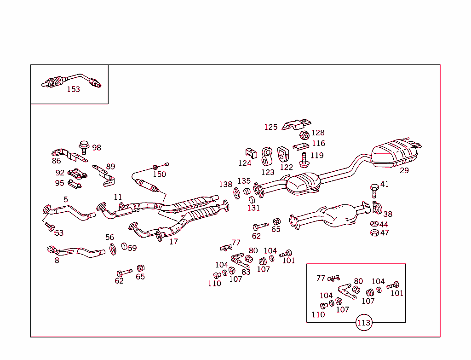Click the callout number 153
click(x=73, y=89)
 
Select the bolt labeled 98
click(x=84, y=147)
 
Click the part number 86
click(x=56, y=161)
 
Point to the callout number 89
click(x=110, y=167)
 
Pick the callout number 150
click(x=159, y=174)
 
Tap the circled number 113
click(x=363, y=323)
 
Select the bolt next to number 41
click(x=374, y=189)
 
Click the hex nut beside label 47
click(x=374, y=233)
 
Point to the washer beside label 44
click(x=374, y=224)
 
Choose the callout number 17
click(x=173, y=242)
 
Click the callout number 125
click(x=270, y=127)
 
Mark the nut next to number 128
click(x=304, y=135)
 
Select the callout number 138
click(x=225, y=185)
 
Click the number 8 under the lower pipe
click(x=57, y=261)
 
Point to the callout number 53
click(x=59, y=233)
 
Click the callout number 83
click(x=246, y=272)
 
